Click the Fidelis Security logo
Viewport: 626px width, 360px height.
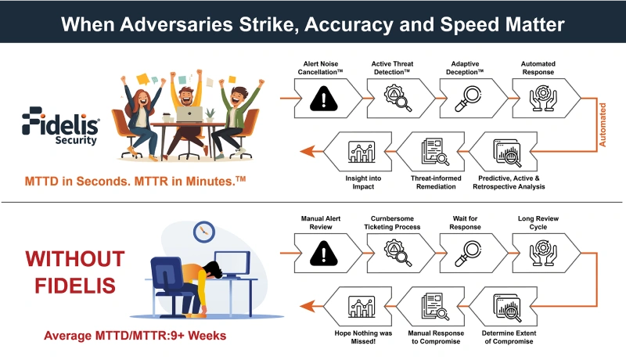60,126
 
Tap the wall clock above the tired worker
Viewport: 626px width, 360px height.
204,232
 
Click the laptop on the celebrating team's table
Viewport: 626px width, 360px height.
189,114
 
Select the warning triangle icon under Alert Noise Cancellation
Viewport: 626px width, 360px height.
324,98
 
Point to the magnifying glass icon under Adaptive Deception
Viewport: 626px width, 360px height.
468,99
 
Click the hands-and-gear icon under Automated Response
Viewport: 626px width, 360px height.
542,98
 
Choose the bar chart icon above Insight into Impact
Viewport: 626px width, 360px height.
362,152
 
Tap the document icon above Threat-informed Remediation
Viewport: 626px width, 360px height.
435,152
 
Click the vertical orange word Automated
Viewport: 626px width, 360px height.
603,125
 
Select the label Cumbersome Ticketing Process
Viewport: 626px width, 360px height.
392,223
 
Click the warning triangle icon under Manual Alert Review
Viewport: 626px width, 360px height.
324,253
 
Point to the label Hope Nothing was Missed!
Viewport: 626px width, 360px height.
363,337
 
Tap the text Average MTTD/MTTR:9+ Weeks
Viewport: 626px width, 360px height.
135,336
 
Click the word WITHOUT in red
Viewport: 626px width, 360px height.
75,259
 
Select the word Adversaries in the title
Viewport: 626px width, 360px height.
177,24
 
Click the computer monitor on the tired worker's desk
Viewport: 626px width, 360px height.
232,265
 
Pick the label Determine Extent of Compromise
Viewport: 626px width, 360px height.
509,337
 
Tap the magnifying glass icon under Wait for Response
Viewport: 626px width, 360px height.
468,254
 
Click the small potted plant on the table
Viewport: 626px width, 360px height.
210,115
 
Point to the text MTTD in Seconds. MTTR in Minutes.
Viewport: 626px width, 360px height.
135,182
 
